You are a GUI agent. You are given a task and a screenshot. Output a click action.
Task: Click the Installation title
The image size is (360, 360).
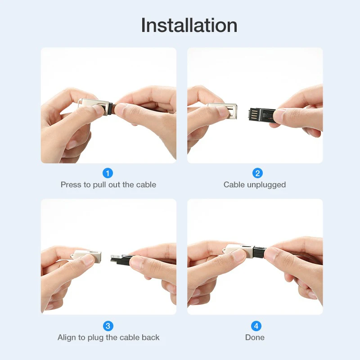coord(189,25)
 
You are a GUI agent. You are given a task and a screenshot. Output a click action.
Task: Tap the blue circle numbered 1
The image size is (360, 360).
coord(108,173)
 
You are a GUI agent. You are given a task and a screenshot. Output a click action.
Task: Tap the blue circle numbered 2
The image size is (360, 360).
coord(257,173)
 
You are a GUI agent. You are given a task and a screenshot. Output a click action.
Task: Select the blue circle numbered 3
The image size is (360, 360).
coord(108,326)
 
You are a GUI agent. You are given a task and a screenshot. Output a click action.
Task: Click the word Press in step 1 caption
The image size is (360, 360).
coord(71,184)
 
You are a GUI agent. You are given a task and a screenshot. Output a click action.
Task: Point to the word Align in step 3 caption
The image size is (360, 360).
coord(67,337)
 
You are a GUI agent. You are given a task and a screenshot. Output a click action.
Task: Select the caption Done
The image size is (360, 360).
coord(255,337)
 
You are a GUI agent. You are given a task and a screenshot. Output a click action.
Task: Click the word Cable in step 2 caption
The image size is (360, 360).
coord(234,184)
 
